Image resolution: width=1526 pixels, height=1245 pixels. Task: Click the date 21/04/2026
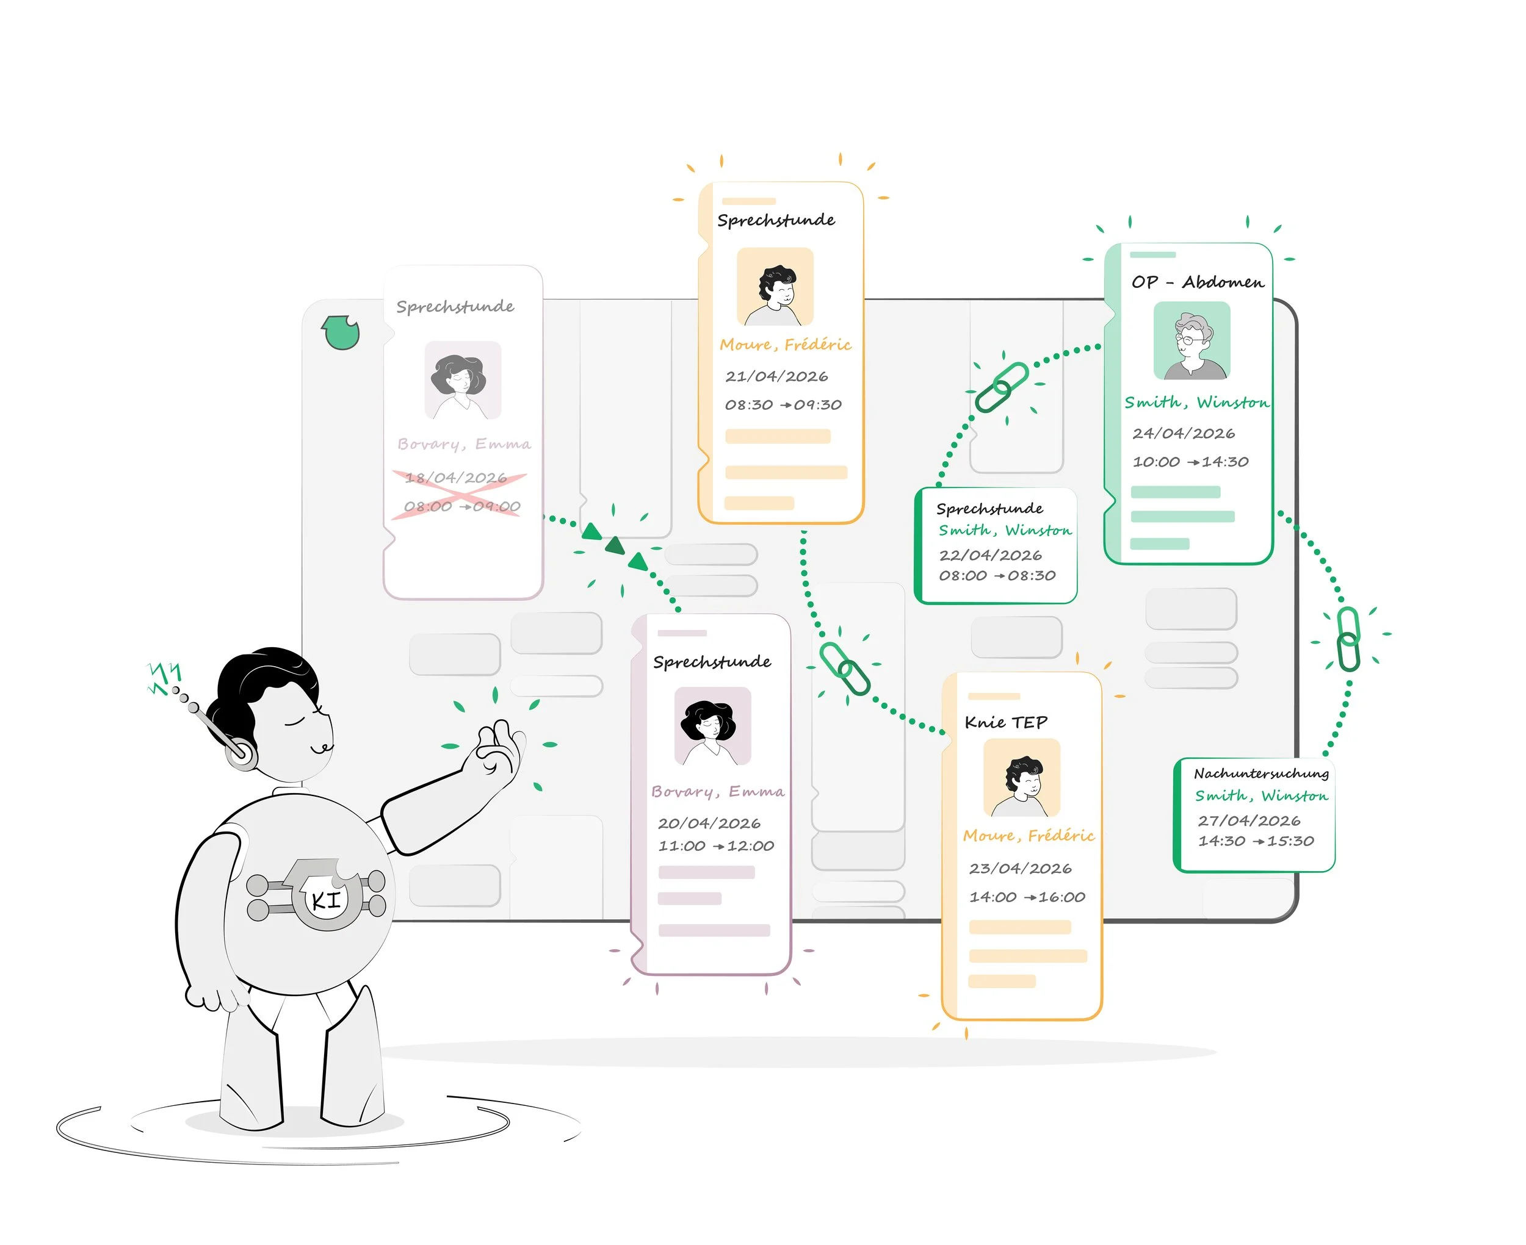(776, 376)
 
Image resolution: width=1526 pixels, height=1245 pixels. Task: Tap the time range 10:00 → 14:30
(1190, 462)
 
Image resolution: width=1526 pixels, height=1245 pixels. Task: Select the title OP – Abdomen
(1198, 282)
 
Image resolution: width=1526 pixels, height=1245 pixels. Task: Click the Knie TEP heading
(1006, 722)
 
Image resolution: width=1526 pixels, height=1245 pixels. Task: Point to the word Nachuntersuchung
(1260, 773)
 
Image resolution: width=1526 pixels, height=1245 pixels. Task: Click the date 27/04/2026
(1248, 820)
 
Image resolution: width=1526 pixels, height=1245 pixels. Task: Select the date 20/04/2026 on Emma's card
(709, 823)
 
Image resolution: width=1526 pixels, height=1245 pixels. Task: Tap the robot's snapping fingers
(498, 750)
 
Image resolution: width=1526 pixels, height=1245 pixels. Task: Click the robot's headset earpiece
(240, 753)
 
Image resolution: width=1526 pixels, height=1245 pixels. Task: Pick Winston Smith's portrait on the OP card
(1192, 340)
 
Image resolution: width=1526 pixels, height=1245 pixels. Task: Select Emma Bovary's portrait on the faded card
(462, 380)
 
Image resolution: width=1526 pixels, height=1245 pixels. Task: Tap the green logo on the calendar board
(340, 332)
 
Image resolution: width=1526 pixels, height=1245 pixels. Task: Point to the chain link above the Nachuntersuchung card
(1348, 639)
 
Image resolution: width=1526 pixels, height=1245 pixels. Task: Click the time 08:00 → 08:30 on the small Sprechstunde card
(997, 576)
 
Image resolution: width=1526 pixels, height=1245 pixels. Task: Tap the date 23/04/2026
(1019, 869)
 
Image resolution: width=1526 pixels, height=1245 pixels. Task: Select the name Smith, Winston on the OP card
(1196, 403)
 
